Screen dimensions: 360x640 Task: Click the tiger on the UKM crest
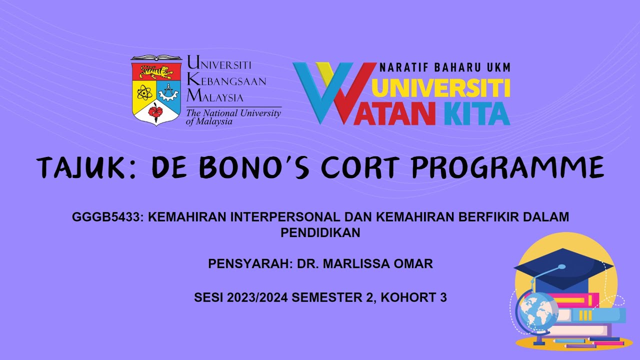(156, 72)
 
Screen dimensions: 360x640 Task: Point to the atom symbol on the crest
(144, 92)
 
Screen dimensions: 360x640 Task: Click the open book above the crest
(156, 58)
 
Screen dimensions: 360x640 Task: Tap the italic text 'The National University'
(233, 113)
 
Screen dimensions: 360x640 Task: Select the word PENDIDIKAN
(320, 232)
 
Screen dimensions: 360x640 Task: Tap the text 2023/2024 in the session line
(257, 297)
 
